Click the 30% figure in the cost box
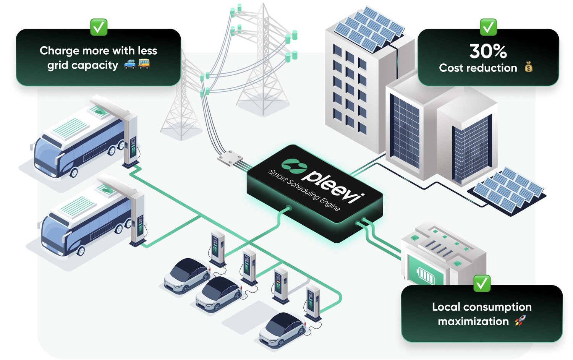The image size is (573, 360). [488, 51]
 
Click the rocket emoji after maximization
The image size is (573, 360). [520, 320]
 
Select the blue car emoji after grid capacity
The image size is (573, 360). [130, 64]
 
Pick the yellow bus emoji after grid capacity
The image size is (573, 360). [144, 64]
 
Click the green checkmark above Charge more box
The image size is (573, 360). [99, 27]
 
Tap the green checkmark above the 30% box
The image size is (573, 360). [488, 27]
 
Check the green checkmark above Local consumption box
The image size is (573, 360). [482, 284]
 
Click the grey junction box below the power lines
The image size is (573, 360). [230, 157]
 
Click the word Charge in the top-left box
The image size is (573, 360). [59, 51]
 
